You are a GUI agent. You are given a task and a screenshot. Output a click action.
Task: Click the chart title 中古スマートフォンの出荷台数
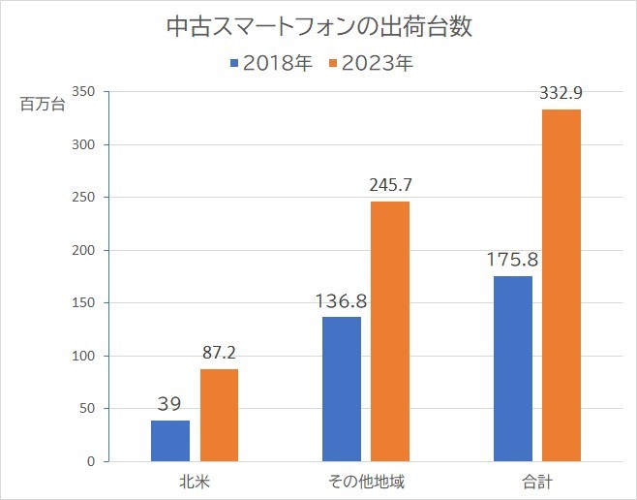319,26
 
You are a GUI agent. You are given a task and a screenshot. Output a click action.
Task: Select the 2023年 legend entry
373,65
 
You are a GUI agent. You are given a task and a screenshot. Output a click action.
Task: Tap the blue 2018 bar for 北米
170,441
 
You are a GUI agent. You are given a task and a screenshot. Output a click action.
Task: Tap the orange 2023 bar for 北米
219,415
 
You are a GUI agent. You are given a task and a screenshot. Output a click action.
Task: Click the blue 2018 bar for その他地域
342,389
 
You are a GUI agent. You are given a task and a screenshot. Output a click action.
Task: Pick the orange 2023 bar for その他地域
390,331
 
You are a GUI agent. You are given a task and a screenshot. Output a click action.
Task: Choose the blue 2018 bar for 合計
513,368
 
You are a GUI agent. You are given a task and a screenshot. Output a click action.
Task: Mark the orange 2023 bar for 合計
561,285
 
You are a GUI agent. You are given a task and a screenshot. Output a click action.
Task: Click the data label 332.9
561,93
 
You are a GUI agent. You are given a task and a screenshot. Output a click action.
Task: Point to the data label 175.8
513,260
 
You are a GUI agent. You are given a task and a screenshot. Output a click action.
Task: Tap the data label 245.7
390,185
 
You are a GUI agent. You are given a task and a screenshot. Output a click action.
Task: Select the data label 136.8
342,300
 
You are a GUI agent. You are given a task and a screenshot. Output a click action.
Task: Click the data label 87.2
220,353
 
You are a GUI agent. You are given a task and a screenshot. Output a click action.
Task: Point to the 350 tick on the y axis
83,92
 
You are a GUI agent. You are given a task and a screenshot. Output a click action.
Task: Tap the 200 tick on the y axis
83,250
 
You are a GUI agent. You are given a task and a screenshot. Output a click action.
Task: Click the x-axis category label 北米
195,481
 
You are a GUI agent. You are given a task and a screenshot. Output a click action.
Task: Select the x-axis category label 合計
537,481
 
